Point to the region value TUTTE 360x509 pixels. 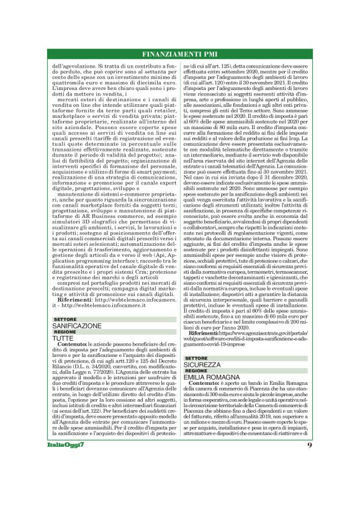63,338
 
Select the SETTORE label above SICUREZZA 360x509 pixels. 196,359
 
